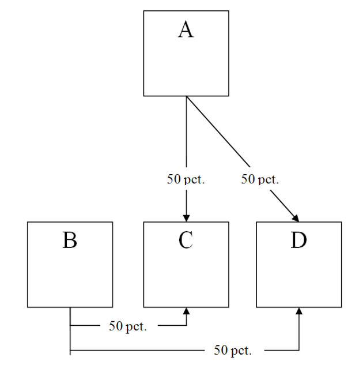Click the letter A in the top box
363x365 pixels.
tap(186, 29)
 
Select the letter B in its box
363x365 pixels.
tap(70, 240)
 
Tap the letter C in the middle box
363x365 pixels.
tap(186, 240)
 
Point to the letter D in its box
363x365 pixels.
tap(298, 240)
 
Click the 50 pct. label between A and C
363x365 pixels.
tap(186, 179)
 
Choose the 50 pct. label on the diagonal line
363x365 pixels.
tap(260, 179)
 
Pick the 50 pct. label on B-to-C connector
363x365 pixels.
tap(128, 326)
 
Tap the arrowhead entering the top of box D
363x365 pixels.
tap(296, 218)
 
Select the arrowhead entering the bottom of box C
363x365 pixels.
tap(186, 311)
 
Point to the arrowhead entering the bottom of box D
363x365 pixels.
tap(299, 311)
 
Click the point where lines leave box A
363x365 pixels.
tap(186, 96)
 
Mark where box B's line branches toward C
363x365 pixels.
tap(70, 325)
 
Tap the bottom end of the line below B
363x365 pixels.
tap(70, 354)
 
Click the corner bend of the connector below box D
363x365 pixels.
tap(299, 349)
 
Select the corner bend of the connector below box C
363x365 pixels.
tap(186, 325)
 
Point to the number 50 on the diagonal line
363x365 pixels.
tap(248, 179)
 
